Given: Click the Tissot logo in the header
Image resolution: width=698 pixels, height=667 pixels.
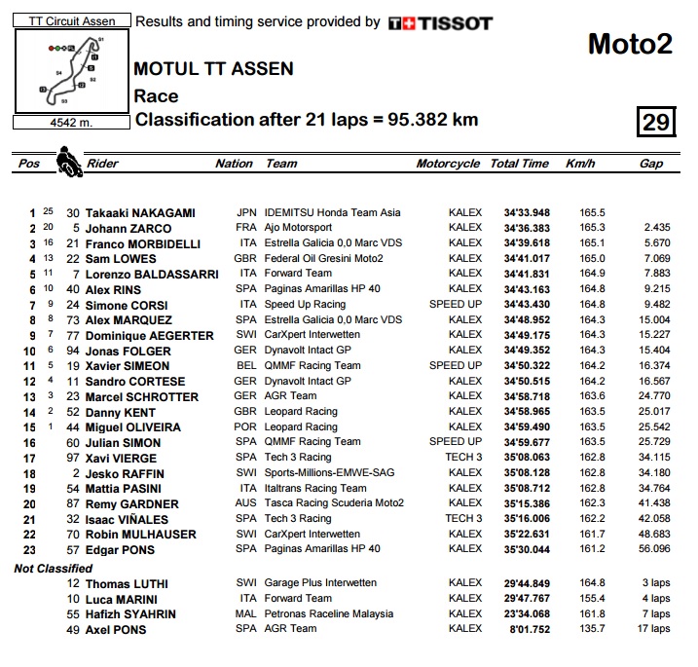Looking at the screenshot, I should coord(440,22).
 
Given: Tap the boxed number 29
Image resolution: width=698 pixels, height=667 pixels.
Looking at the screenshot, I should coord(656,122).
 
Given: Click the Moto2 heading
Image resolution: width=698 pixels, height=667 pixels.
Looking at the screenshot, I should coord(630,45).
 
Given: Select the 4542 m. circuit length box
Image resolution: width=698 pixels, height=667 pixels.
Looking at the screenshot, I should coord(66,123).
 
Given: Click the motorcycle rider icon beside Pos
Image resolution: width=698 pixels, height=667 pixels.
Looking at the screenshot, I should coord(67,162).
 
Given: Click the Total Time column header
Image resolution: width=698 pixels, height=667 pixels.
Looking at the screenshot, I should coord(519,164).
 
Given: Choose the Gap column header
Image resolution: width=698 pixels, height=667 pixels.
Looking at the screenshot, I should coord(650,164).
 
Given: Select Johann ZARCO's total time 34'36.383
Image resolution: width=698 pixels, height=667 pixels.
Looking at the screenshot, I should coord(527,228).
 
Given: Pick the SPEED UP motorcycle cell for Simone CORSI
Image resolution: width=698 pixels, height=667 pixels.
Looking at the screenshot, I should coord(456,304).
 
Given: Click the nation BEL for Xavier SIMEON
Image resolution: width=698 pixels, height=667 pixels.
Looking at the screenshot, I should coord(246,365).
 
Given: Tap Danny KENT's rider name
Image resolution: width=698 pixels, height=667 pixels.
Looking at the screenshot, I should coord(121,412).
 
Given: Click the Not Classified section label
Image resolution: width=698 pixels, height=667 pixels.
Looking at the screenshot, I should coord(53,568).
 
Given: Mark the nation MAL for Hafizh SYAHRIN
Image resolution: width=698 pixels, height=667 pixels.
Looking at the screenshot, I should coord(246,613).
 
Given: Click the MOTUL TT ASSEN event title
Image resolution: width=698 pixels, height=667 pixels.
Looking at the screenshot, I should coord(213,70).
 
